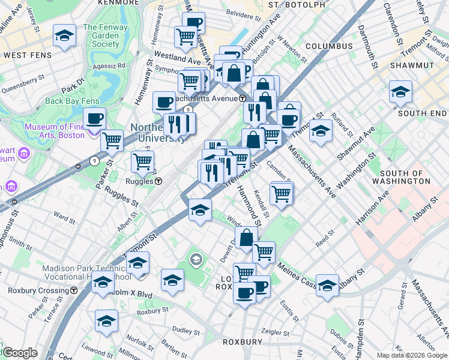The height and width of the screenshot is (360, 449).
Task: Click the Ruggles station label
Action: (142, 181)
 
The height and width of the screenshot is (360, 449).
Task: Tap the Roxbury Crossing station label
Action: (38, 290)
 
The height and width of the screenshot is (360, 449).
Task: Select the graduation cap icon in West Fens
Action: (64, 36)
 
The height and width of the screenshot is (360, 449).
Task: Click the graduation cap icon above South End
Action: (400, 92)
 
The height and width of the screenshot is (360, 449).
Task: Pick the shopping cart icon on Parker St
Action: (112, 141)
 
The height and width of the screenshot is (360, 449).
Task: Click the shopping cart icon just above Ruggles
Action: (142, 161)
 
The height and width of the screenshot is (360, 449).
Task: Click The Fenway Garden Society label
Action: (101, 35)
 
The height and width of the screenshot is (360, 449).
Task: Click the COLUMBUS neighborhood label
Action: (328, 46)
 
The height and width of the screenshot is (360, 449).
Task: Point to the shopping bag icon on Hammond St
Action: (246, 238)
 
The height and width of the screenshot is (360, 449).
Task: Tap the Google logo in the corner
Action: (20, 353)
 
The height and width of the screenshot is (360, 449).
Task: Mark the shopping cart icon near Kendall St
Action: (281, 193)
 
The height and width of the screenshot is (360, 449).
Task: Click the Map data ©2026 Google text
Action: (412, 355)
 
